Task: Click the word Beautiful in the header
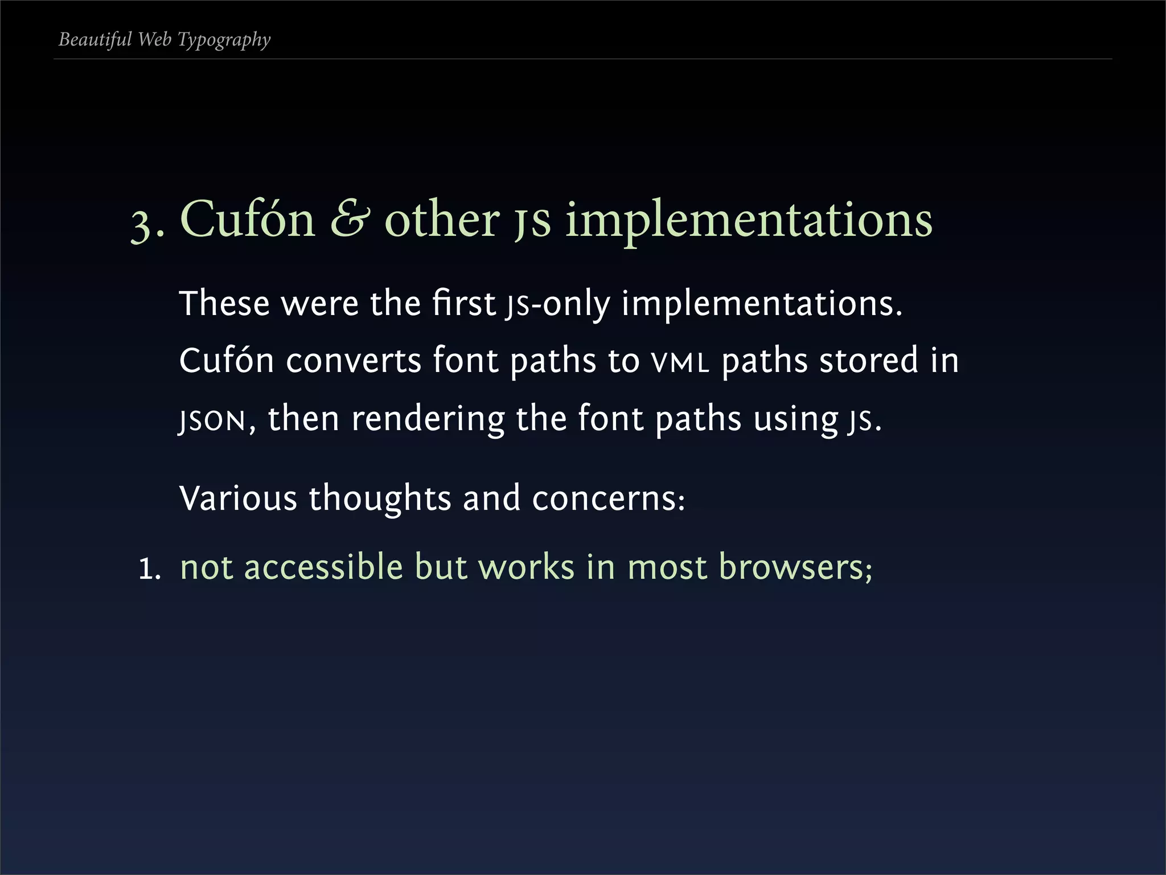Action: (95, 39)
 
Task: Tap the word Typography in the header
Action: (224, 40)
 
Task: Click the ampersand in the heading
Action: (350, 219)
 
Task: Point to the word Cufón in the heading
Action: (247, 219)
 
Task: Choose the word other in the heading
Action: (442, 219)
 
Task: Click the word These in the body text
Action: (224, 303)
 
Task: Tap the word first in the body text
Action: (463, 303)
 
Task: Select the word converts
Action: (353, 361)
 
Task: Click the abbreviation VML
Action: (680, 362)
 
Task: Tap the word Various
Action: (238, 498)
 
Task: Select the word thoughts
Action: (380, 498)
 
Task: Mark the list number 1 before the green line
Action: (149, 569)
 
